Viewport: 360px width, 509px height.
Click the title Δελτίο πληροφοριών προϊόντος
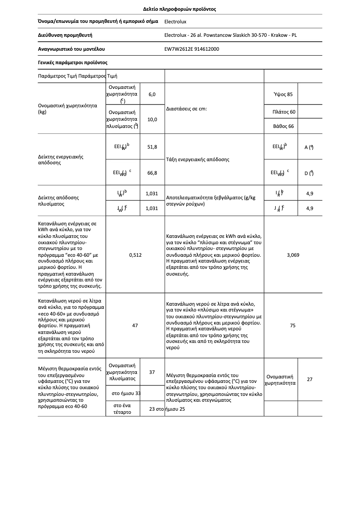click(180, 9)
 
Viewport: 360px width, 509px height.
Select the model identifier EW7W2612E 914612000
click(192, 49)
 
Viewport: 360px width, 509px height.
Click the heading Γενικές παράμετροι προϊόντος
click(72, 62)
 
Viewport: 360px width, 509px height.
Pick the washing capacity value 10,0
click(152, 119)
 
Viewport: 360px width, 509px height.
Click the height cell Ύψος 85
click(283, 94)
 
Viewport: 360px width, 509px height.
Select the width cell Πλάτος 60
click(284, 112)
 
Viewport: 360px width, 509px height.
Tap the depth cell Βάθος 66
click(283, 127)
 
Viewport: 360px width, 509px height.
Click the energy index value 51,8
click(152, 147)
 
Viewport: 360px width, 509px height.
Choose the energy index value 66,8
click(152, 173)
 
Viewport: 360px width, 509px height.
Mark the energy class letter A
click(307, 147)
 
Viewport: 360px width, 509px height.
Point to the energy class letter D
click(307, 173)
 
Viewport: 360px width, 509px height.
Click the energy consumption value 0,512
click(135, 255)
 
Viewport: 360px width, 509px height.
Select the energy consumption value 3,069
click(293, 255)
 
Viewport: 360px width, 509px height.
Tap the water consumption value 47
click(135, 325)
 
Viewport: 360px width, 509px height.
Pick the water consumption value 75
click(293, 325)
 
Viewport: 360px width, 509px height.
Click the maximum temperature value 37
click(152, 372)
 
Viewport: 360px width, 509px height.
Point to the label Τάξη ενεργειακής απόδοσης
click(198, 159)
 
